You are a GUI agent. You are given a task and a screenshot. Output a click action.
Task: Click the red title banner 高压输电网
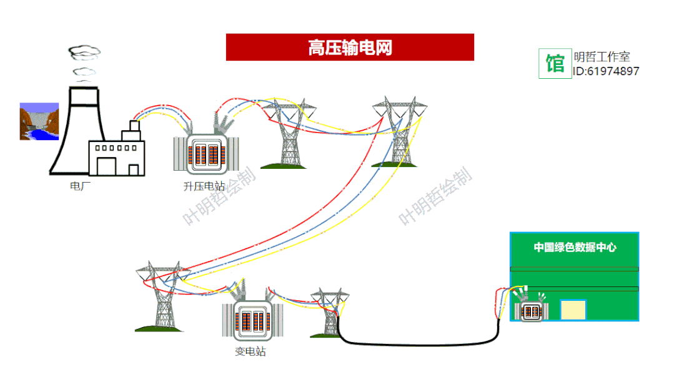tap(350, 47)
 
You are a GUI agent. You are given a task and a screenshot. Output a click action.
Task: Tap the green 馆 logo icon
tap(555, 63)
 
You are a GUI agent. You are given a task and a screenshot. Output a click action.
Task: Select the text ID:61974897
tap(606, 71)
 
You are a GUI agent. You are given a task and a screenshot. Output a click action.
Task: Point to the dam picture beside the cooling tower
tap(39, 121)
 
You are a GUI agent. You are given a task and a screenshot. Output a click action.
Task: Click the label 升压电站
tap(204, 186)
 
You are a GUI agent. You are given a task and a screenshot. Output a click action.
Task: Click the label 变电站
tap(250, 351)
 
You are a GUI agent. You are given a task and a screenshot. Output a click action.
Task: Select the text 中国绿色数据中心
tap(575, 247)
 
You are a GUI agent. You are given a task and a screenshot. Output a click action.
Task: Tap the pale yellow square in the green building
tap(573, 310)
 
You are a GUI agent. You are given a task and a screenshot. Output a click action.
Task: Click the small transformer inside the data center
tap(531, 311)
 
